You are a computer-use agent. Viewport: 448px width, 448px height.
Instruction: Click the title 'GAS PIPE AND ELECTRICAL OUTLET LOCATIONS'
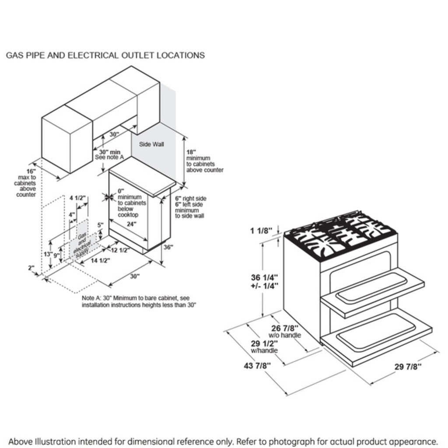point(105,56)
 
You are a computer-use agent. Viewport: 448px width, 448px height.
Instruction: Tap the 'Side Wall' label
point(151,144)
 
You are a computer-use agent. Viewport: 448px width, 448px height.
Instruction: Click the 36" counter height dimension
point(168,247)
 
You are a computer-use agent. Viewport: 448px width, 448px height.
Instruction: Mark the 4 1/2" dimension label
point(78,198)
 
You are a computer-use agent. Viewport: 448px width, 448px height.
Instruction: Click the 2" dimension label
point(31,268)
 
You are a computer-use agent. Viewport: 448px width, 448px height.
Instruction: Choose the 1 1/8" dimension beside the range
point(261,230)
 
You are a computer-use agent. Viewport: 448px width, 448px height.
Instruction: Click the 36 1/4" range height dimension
point(264,282)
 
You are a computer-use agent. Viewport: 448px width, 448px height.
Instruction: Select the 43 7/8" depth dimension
point(257,365)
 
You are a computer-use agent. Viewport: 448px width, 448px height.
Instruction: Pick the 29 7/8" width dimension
point(408,367)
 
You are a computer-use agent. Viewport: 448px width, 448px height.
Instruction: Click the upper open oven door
point(372,291)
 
